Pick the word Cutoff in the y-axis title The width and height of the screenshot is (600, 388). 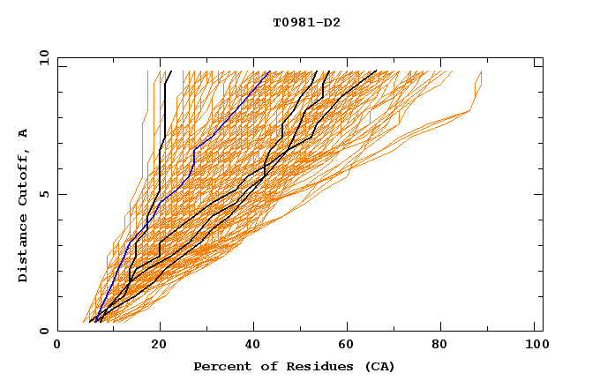point(24,177)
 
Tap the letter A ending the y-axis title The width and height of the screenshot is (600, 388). point(24,132)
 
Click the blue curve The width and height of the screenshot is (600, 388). point(193,159)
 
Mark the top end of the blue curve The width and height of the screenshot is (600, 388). point(269,71)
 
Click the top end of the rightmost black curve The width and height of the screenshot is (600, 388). point(377,71)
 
